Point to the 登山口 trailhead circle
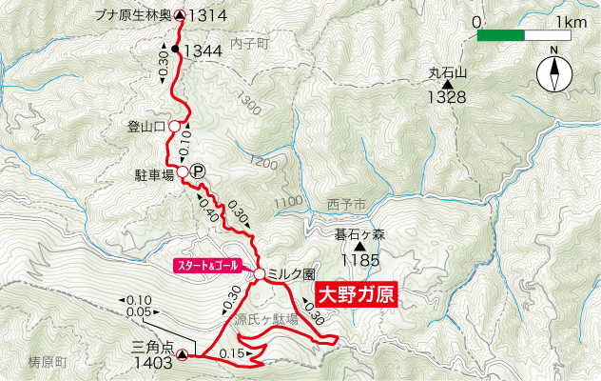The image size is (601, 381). (x=175, y=125)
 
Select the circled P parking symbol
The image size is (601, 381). (x=198, y=172)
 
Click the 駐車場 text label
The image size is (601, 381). (x=154, y=175)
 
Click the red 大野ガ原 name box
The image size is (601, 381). (x=354, y=293)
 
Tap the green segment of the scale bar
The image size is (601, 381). (x=500, y=35)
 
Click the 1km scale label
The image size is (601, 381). (x=571, y=21)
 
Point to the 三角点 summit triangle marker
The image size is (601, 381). (x=182, y=354)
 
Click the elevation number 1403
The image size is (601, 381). (x=152, y=362)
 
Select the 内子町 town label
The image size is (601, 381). (x=250, y=44)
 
